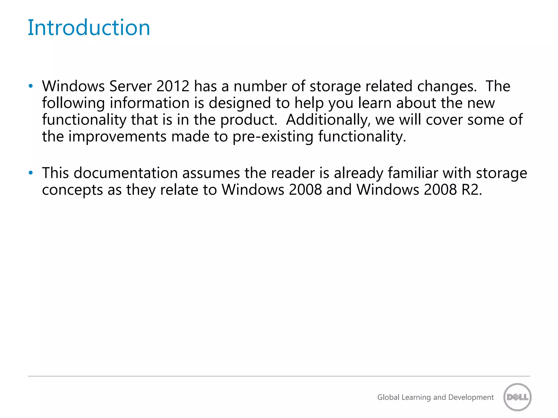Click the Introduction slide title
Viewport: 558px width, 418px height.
pos(89,27)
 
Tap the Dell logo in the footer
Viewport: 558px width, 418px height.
pos(517,397)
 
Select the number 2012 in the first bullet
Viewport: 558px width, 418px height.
pos(173,86)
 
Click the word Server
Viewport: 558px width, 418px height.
pos(131,86)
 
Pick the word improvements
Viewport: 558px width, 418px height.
pos(117,136)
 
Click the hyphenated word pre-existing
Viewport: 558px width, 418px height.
pos(273,136)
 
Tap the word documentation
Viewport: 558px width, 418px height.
pos(126,173)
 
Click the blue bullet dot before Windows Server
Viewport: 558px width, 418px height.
pos(31,86)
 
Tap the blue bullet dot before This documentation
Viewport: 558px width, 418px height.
pos(31,173)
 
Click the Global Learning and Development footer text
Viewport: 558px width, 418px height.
pos(435,397)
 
